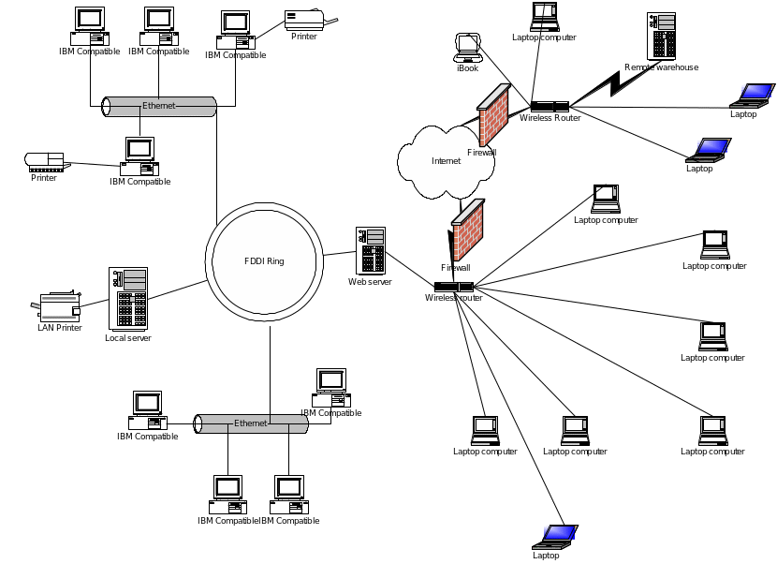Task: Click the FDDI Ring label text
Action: pyautogui.click(x=263, y=260)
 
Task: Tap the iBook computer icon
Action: pyautogui.click(x=468, y=48)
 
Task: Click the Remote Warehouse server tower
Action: pyautogui.click(x=661, y=37)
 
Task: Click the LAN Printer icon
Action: pyautogui.click(x=58, y=305)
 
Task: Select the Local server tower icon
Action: pyautogui.click(x=127, y=297)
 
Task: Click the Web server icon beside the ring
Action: pyautogui.click(x=370, y=250)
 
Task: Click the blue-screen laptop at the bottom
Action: pyautogui.click(x=555, y=536)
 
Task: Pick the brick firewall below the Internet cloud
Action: pyautogui.click(x=466, y=230)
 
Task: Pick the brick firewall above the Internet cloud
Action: pyautogui.click(x=492, y=113)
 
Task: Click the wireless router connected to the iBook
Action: pyautogui.click(x=550, y=107)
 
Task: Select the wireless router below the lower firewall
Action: pyautogui.click(x=453, y=286)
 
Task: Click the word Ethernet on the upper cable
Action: pyautogui.click(x=158, y=106)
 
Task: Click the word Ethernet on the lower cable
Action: pyautogui.click(x=250, y=423)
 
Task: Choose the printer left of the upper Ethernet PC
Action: pyautogui.click(x=44, y=161)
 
